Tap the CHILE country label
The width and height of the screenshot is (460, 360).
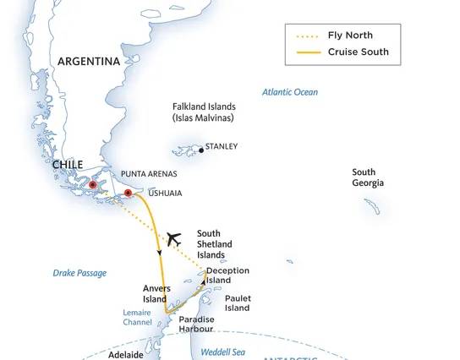tap(67, 166)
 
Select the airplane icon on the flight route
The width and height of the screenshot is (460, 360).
tap(173, 238)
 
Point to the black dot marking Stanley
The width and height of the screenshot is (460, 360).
tap(201, 150)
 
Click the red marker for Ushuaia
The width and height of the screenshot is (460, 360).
tap(128, 194)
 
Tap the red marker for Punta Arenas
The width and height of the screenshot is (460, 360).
tap(93, 184)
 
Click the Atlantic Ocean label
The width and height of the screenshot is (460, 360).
tap(290, 92)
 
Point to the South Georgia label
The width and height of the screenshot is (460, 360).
tap(368, 177)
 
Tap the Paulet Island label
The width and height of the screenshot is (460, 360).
tap(238, 303)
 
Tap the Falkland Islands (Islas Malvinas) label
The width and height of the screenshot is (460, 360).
tap(204, 112)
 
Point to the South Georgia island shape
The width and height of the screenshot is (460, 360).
tap(372, 206)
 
